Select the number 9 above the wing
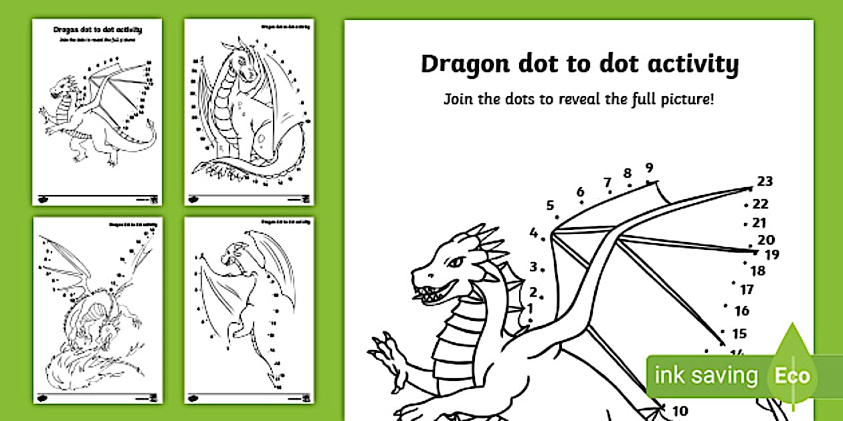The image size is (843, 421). click(x=649, y=168)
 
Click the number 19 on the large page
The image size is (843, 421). click(x=771, y=255)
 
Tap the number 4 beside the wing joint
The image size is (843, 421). click(x=533, y=233)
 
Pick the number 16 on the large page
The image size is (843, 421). click(x=741, y=311)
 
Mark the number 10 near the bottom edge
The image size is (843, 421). click(x=679, y=411)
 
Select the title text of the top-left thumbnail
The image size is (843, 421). click(x=97, y=29)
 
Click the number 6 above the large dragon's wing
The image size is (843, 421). click(x=580, y=192)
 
